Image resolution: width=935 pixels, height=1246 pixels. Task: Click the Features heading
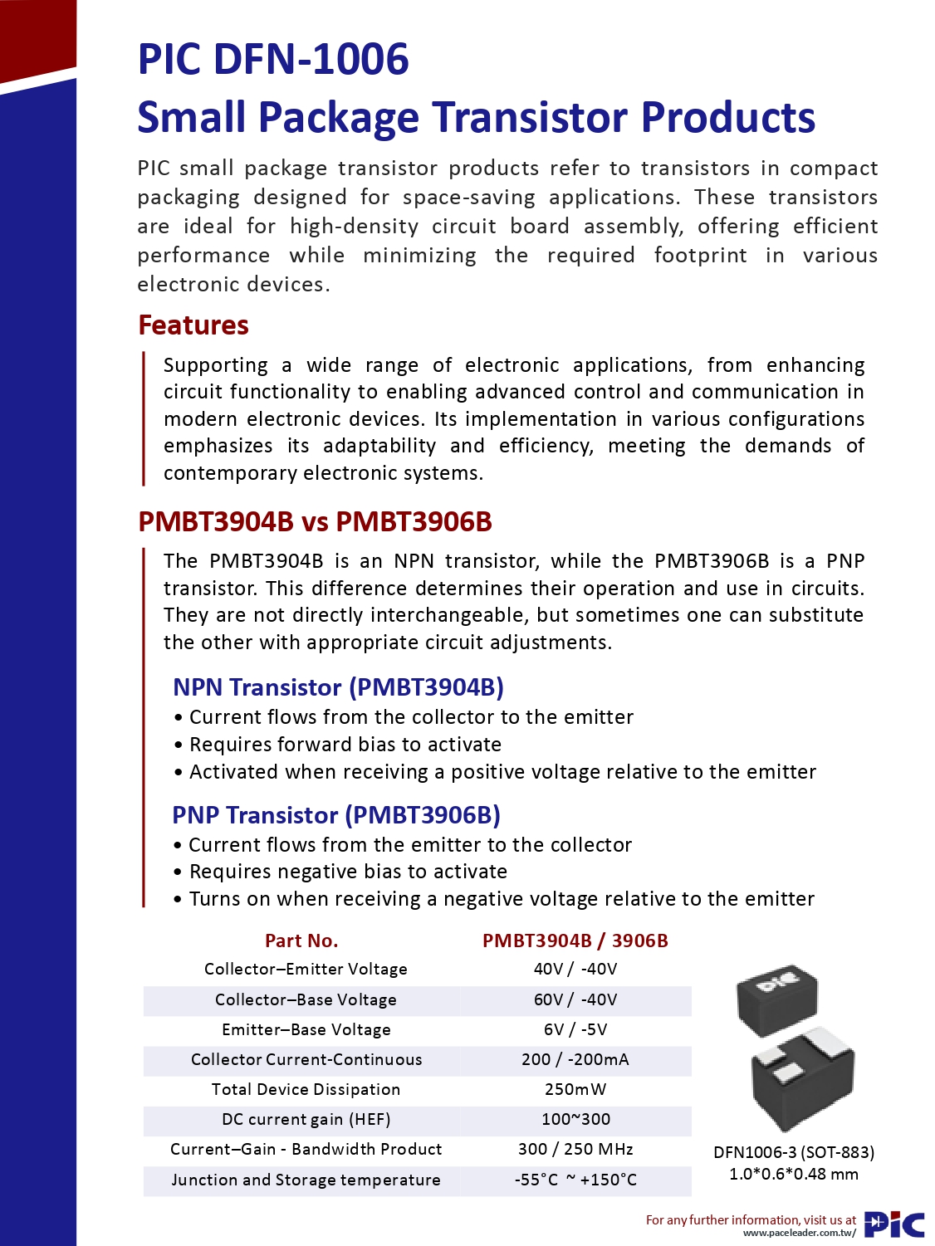coord(193,325)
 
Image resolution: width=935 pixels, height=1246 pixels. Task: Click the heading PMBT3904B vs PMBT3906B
coord(315,522)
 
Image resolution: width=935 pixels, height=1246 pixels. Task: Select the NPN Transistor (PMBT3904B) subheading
coord(338,687)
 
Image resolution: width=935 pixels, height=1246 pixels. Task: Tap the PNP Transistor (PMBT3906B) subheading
coord(336,815)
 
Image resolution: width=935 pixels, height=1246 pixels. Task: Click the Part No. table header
coord(301,941)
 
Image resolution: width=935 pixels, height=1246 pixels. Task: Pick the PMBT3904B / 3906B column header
coord(575,941)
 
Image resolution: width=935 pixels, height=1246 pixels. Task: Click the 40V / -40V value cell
coord(575,969)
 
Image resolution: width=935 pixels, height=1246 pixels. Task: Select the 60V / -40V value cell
coord(575,999)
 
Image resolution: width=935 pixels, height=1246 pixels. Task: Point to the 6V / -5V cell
coord(575,1029)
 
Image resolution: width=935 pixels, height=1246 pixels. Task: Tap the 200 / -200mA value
coord(575,1059)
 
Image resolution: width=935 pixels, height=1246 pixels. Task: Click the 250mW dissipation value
coord(575,1089)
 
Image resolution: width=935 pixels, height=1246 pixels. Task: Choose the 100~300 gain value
coord(575,1119)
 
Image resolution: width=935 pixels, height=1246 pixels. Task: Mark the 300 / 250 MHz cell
coord(575,1149)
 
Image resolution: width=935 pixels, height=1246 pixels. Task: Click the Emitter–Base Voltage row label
coord(306,1029)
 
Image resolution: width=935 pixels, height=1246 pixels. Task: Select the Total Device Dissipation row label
coord(306,1089)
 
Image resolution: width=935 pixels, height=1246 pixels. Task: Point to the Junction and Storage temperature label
coord(306,1180)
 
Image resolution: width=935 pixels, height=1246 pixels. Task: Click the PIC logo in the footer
coord(894,1224)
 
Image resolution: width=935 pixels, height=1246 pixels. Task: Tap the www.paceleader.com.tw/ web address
coord(799,1233)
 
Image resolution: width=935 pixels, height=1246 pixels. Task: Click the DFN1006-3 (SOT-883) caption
coord(794,1152)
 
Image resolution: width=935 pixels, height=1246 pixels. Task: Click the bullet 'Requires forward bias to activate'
coord(345,745)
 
